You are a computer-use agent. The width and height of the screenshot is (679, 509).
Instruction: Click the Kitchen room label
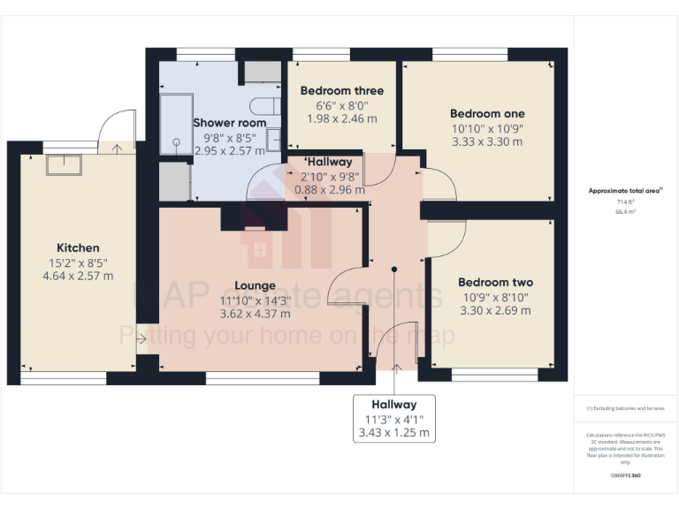pyautogui.click(x=78, y=247)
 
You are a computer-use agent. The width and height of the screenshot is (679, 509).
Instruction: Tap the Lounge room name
pyautogui.click(x=255, y=285)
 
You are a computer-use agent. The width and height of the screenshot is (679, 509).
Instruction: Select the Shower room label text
pyautogui.click(x=229, y=122)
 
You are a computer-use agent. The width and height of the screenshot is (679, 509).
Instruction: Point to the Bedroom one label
pyautogui.click(x=487, y=113)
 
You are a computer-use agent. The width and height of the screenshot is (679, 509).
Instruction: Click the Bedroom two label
pyautogui.click(x=495, y=282)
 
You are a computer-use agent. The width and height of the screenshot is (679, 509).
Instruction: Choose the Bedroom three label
pyautogui.click(x=341, y=90)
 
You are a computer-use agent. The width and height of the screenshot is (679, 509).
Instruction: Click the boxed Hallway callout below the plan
pyautogui.click(x=393, y=418)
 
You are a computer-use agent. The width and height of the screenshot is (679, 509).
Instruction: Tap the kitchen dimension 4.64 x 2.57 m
pyautogui.click(x=78, y=276)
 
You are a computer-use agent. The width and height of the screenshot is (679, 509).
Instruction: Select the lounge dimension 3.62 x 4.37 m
pyautogui.click(x=255, y=314)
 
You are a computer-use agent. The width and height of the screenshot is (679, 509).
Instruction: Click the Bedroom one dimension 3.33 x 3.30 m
pyautogui.click(x=487, y=141)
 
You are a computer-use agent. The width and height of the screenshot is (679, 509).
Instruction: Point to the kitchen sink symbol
pyautogui.click(x=64, y=165)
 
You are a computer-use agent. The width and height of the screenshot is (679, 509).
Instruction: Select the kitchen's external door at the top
pyautogui.click(x=118, y=130)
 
